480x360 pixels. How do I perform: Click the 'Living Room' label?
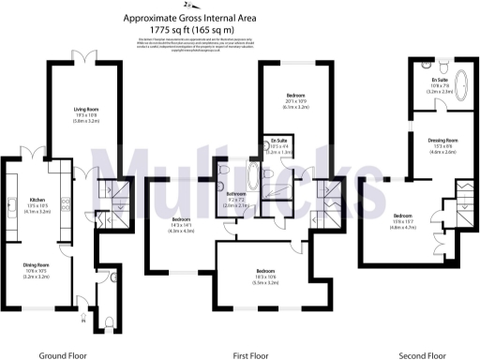[86, 110]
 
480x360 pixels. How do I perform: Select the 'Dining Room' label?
[36, 264]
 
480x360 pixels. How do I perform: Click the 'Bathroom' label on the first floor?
[236, 194]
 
